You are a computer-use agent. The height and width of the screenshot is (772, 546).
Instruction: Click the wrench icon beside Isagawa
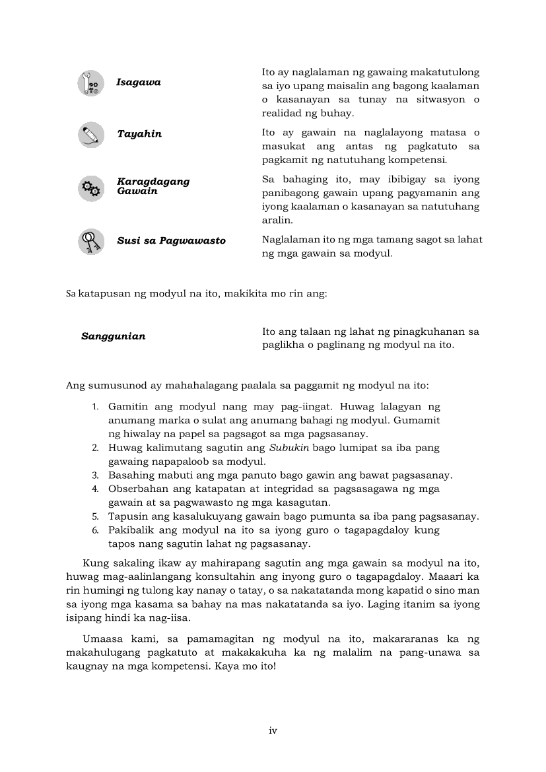pos(91,83)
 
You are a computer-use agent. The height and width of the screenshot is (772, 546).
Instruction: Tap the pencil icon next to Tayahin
pos(91,135)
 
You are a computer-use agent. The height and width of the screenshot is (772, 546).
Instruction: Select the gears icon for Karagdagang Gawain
pos(91,188)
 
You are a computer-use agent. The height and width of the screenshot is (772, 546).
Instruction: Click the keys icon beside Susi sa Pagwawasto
pos(91,241)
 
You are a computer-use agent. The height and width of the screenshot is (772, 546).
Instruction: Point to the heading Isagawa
pos(139,83)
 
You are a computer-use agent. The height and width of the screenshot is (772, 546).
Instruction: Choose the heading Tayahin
pos(139,134)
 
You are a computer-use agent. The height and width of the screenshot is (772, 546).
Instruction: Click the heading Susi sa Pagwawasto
pos(171,241)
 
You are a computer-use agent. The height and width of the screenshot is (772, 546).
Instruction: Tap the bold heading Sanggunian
pos(114,336)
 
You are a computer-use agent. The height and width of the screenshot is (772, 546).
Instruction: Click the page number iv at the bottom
pos(273,730)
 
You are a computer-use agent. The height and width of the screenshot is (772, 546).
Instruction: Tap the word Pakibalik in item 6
pos(131,530)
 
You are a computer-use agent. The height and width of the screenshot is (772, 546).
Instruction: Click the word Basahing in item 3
pos(131,475)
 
